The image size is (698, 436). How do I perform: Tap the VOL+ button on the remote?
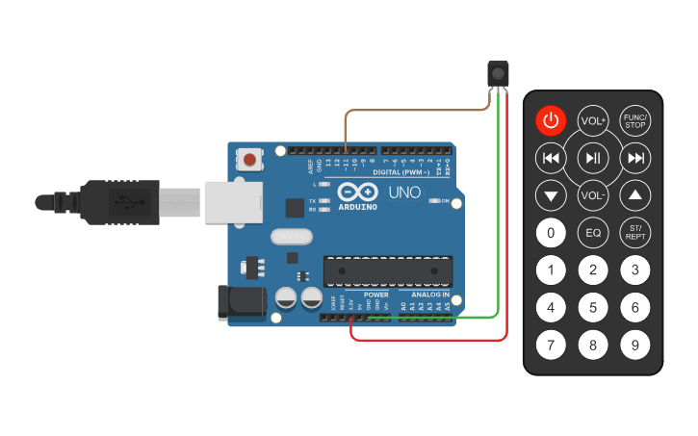pyautogui.click(x=593, y=121)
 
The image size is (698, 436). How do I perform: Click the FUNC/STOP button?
pyautogui.click(x=635, y=121)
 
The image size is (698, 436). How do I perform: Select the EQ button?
pyautogui.click(x=593, y=232)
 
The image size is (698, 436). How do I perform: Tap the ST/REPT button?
pyautogui.click(x=635, y=232)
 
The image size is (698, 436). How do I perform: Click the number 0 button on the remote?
pyautogui.click(x=550, y=232)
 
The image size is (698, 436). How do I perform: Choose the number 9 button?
pyautogui.click(x=635, y=344)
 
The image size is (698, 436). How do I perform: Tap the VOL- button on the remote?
pyautogui.click(x=593, y=195)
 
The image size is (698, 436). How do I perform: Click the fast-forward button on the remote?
pyautogui.click(x=635, y=158)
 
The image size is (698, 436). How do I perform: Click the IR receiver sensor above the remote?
pyautogui.click(x=498, y=73)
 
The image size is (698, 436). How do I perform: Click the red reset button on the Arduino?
pyautogui.click(x=250, y=159)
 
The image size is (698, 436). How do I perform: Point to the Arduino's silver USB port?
pyautogui.click(x=234, y=201)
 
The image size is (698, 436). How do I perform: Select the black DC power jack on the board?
pyautogui.click(x=242, y=302)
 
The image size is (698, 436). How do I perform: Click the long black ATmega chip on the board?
pyautogui.click(x=387, y=271)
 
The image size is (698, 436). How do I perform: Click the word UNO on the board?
pyautogui.click(x=404, y=192)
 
